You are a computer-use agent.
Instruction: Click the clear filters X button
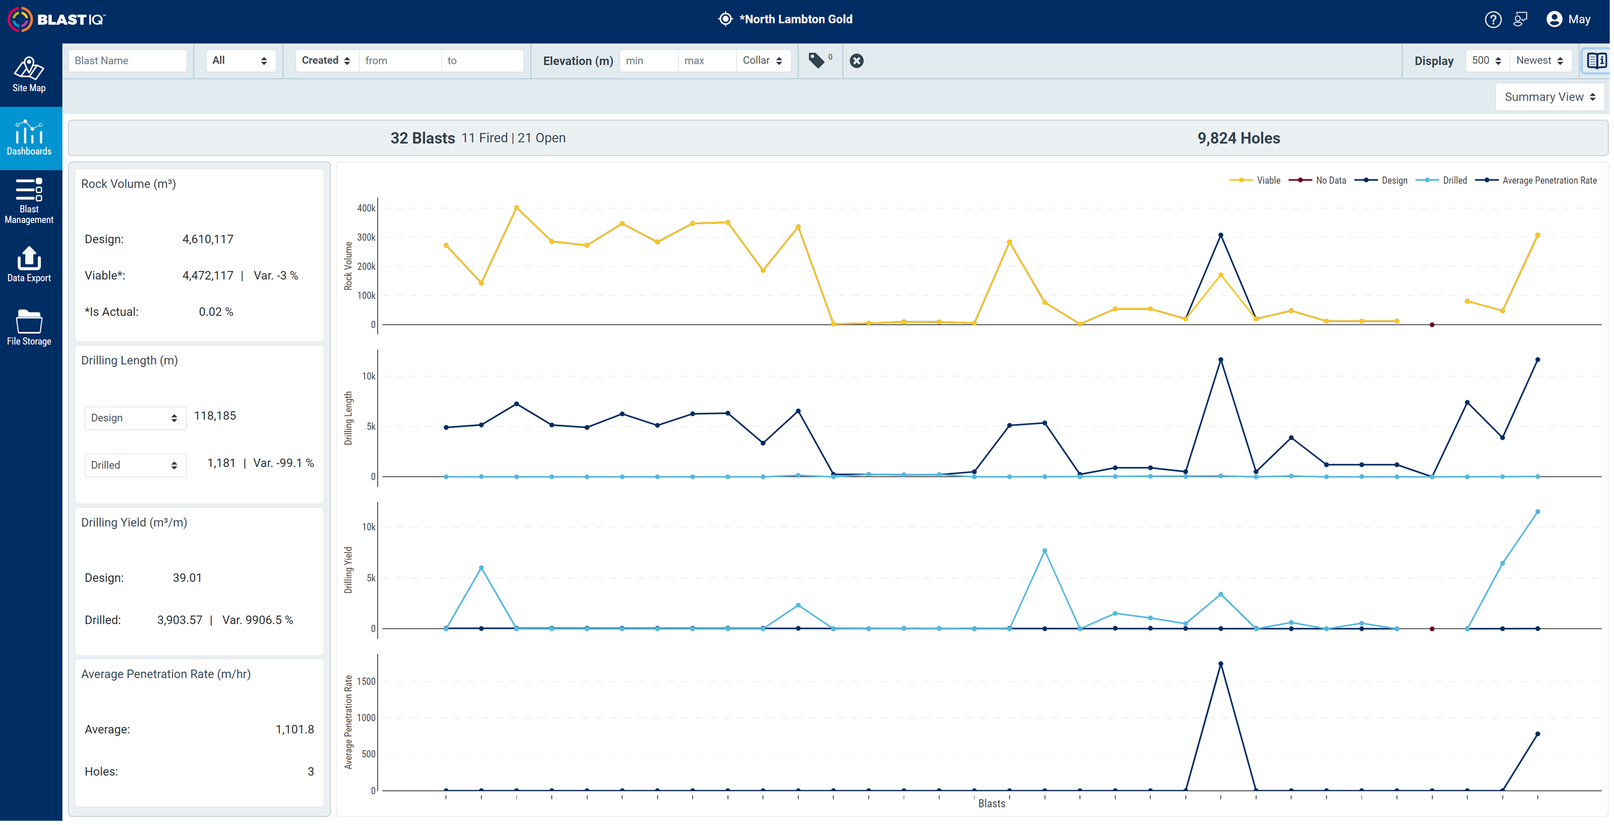click(857, 61)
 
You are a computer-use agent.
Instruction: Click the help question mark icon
click(1493, 19)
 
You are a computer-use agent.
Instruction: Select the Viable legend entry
click(1255, 180)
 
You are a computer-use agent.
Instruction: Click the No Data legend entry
click(1317, 180)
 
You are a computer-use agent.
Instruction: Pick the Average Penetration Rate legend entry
click(1536, 180)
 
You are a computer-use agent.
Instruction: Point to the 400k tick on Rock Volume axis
click(367, 208)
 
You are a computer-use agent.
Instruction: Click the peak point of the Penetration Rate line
click(1221, 664)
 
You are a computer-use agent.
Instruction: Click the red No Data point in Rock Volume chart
click(1432, 324)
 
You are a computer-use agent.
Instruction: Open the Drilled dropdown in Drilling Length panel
click(135, 465)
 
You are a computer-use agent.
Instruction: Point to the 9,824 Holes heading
click(1239, 138)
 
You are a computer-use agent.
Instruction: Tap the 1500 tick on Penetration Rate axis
click(366, 681)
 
